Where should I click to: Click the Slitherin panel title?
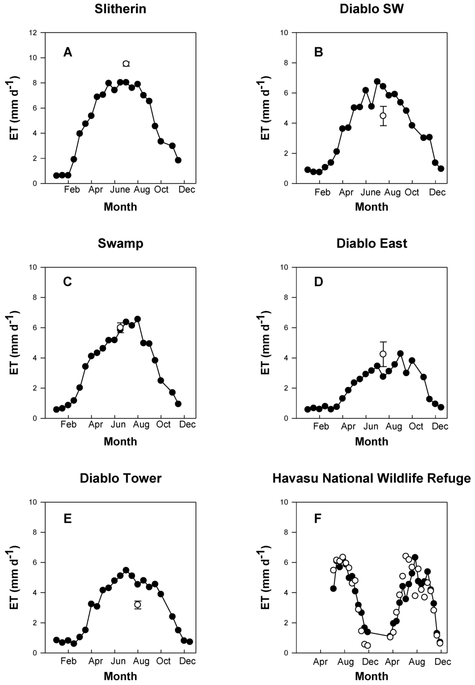pos(120,9)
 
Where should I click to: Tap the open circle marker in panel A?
pos(126,64)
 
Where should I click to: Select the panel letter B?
pos(319,52)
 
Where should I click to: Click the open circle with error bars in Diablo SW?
pos(383,116)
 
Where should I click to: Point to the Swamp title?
pos(120,243)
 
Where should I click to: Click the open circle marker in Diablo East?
pos(383,354)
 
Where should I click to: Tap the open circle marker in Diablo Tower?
pos(138,604)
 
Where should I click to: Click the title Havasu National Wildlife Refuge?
pos(372,478)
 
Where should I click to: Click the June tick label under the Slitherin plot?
pos(120,190)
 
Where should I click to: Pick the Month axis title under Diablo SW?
pos(372,207)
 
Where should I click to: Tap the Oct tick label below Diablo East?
pos(416,426)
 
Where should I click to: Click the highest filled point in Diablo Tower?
pos(126,570)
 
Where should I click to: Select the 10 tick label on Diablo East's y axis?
pos(284,268)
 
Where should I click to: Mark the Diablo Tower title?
pos(120,478)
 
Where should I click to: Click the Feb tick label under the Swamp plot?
pos(69,424)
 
